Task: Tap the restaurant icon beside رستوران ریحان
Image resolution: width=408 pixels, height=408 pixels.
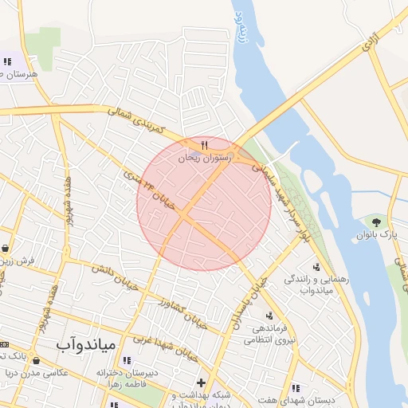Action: coord(206,145)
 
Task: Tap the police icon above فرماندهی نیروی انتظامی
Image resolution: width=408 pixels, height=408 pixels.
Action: coord(269,316)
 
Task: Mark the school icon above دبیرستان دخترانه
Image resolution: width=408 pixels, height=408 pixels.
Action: coord(127,360)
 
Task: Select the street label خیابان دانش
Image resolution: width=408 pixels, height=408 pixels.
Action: coord(111,278)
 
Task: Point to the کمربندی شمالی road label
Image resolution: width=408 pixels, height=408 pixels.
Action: coord(137,117)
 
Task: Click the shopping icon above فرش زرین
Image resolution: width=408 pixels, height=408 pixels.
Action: coord(6,247)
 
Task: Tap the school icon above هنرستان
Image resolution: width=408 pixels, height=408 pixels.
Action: coord(7,61)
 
